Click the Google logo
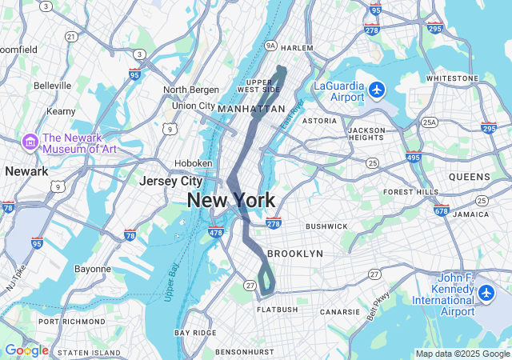click(26, 350)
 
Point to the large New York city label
click(231, 201)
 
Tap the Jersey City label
click(170, 181)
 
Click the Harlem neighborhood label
click(297, 48)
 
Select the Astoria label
click(319, 121)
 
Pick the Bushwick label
click(326, 226)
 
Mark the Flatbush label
click(277, 310)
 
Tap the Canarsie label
click(341, 312)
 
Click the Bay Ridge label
click(195, 332)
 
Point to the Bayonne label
click(93, 269)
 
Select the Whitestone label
click(452, 78)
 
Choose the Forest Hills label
click(410, 192)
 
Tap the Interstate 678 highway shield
click(440, 210)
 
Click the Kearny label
click(61, 111)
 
